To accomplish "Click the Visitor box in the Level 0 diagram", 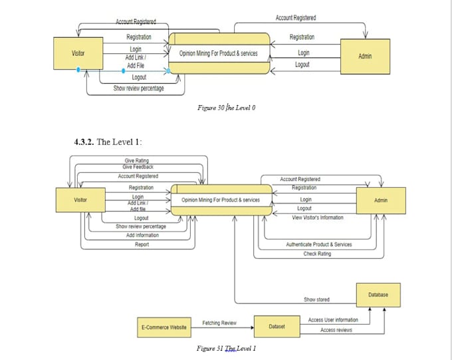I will (x=78, y=53).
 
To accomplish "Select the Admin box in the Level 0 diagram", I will (x=364, y=56).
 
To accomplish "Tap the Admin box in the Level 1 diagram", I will (x=380, y=200).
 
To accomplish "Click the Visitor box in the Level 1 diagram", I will (x=80, y=200).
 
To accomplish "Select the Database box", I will (x=378, y=294).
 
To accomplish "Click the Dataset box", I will (x=277, y=327).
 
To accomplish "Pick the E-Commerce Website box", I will (x=164, y=327).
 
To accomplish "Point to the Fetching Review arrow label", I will (x=219, y=323).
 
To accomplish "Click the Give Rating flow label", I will (x=136, y=160).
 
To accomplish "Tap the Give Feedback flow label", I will (x=138, y=166).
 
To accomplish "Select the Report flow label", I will (x=142, y=244).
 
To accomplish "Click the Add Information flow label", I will (x=142, y=235).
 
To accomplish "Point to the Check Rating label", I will (x=317, y=254).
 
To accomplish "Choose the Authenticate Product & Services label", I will (x=318, y=244).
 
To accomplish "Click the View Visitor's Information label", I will (x=317, y=218).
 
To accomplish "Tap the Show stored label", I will (x=316, y=299).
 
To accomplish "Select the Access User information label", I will (x=332, y=320).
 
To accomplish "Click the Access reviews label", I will (x=336, y=330).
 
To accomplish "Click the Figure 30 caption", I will (x=226, y=107).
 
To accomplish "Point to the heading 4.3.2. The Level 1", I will (x=108, y=142).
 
